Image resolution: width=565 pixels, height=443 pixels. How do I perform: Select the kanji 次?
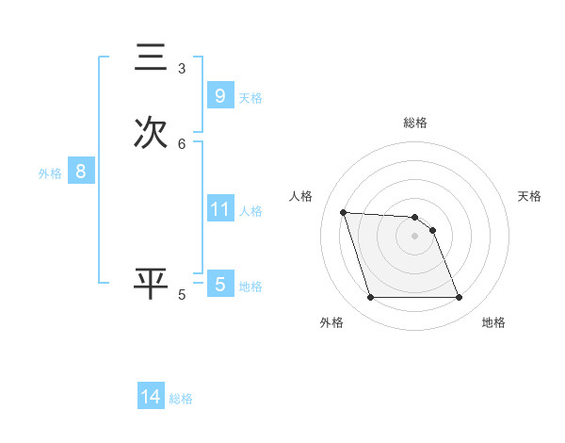click(151, 133)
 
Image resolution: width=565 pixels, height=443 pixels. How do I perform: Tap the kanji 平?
click(151, 284)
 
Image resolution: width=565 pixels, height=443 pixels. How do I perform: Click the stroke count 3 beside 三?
click(182, 69)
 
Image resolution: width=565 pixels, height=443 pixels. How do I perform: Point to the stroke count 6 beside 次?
click(182, 144)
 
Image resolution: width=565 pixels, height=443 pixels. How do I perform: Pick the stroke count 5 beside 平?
click(182, 295)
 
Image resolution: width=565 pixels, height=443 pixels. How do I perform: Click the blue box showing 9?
click(219, 96)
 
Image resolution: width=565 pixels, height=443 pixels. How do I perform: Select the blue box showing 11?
click(219, 209)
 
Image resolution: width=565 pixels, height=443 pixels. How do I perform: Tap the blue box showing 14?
click(151, 398)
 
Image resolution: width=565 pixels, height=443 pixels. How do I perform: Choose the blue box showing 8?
click(81, 172)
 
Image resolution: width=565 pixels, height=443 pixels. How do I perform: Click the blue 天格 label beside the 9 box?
click(250, 98)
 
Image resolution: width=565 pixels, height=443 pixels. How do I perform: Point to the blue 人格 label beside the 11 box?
click(250, 211)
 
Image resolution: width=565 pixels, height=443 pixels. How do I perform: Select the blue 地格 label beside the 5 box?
click(250, 287)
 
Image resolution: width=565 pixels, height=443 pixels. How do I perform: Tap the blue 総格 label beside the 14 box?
click(181, 400)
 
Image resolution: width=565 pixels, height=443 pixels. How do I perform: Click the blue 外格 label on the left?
click(49, 173)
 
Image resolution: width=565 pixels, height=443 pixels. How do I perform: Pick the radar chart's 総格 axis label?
click(415, 123)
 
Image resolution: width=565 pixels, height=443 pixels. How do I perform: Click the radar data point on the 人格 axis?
click(343, 212)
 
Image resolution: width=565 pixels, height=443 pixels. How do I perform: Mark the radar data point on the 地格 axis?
click(459, 298)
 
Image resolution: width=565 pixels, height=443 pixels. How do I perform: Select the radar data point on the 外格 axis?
click(370, 298)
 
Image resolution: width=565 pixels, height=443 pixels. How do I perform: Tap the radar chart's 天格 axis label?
click(530, 196)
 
